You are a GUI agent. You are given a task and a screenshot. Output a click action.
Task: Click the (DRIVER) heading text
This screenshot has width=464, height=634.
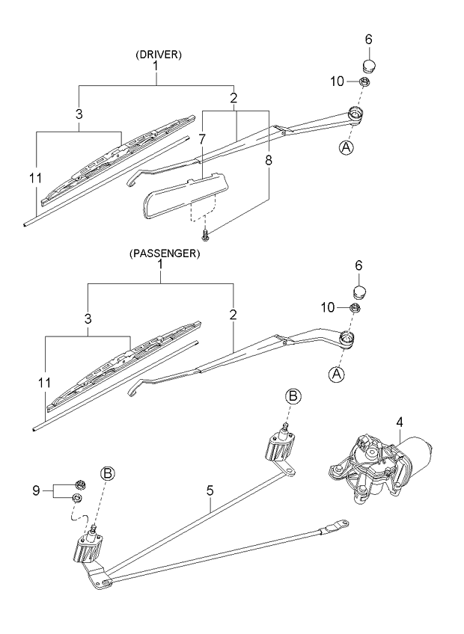pos(159,55)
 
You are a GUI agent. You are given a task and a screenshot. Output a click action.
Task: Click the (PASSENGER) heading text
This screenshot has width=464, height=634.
pos(164,253)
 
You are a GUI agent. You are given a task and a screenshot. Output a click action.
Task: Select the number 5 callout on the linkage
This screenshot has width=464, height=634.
pos(211,490)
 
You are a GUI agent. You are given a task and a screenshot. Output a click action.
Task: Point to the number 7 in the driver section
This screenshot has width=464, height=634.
pos(202,138)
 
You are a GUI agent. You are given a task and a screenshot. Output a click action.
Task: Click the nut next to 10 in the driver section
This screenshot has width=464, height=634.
pos(363,81)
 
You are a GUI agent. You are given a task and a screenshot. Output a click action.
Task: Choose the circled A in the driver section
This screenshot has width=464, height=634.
pos(347,148)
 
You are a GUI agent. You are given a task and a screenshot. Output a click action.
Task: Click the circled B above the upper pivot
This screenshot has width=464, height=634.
pos(293,396)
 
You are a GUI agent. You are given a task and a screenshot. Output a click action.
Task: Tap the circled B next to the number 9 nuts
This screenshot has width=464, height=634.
pos(108,473)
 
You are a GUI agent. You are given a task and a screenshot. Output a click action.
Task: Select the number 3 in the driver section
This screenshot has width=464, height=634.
pos(78,114)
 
